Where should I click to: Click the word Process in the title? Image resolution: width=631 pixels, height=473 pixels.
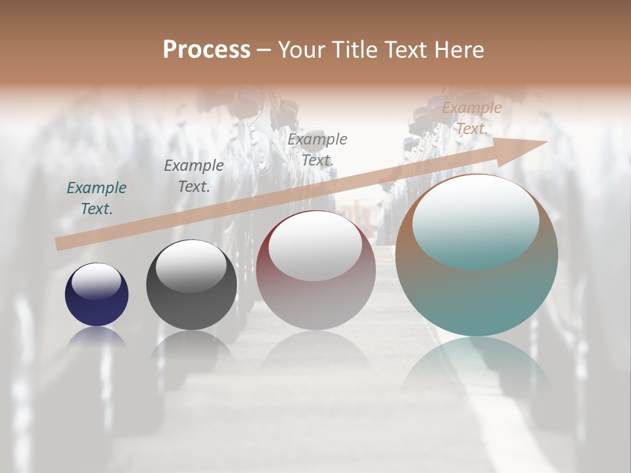click(206, 50)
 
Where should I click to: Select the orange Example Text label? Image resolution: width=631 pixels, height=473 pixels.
click(471, 118)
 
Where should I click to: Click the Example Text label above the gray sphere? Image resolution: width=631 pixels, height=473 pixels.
click(194, 176)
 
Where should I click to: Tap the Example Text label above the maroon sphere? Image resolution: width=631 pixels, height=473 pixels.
click(317, 149)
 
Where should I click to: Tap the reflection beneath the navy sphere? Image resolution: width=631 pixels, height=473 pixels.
click(97, 337)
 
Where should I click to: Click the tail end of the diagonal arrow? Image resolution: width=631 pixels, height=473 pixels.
click(60, 244)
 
